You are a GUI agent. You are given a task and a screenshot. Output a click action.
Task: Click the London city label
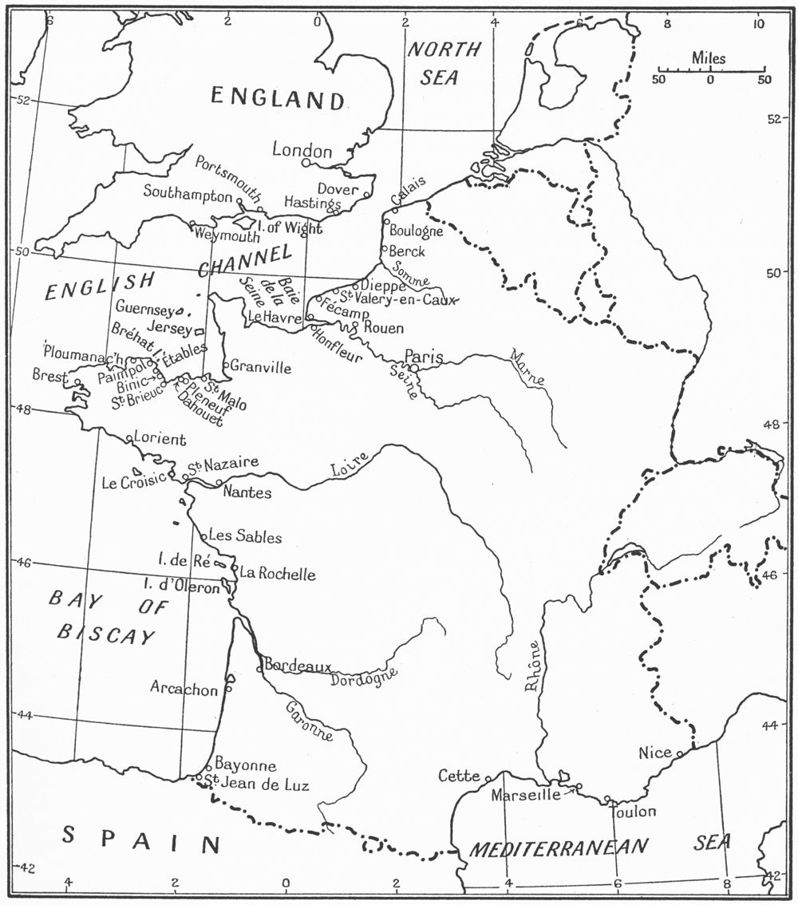(x=302, y=150)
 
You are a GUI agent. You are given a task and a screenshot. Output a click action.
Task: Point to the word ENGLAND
(x=278, y=98)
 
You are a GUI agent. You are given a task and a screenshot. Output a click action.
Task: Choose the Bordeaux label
(x=298, y=665)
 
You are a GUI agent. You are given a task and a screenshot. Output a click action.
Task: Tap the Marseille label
(x=526, y=795)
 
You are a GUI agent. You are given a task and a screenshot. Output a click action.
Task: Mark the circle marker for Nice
(x=679, y=753)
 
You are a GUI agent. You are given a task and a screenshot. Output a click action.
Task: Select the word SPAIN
(x=141, y=839)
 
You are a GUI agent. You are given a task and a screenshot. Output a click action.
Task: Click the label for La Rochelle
(x=278, y=574)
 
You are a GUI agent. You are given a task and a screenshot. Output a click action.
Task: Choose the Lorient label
(x=160, y=439)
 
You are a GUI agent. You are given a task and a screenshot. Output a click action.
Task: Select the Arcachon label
(x=184, y=689)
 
